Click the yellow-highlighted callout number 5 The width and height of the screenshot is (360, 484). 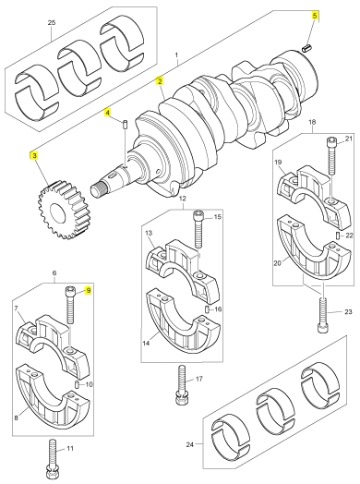point(315,16)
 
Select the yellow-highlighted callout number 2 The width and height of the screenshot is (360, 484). point(160,81)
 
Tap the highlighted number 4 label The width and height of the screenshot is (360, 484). point(108,113)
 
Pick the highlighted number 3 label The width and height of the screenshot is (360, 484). point(34,156)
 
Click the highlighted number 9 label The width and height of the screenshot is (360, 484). point(89,290)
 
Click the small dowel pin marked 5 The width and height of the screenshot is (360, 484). point(306,48)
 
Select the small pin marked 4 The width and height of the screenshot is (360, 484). point(125,124)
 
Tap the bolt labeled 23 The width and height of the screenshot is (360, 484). point(322,314)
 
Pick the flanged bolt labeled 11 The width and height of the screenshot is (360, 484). point(52,458)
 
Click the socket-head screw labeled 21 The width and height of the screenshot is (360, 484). point(331,156)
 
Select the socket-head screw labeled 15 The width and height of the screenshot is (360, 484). point(198,229)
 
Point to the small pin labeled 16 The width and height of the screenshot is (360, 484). point(208,309)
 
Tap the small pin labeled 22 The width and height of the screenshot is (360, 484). point(338,236)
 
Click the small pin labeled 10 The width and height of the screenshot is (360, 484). point(78,384)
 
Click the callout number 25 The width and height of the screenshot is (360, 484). point(52,22)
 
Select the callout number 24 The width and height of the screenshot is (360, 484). point(190,444)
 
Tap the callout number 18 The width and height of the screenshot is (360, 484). point(312,122)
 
